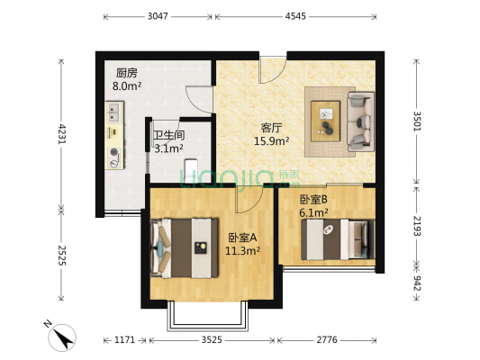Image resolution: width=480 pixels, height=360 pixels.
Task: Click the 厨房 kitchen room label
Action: pyautogui.click(x=127, y=73)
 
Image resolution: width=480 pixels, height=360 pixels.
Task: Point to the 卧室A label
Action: pyautogui.click(x=242, y=238)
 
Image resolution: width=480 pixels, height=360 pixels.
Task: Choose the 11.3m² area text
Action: pyautogui.click(x=243, y=251)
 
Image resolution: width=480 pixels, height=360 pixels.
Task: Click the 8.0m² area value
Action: pyautogui.click(x=127, y=86)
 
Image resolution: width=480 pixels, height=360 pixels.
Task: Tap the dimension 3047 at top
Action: pyautogui.click(x=158, y=16)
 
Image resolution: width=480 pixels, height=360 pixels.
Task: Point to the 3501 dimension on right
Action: pyautogui.click(x=416, y=121)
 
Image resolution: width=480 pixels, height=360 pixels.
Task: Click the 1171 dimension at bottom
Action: pyautogui.click(x=124, y=339)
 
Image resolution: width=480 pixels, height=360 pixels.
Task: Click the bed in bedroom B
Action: pyautogui.click(x=338, y=238)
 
